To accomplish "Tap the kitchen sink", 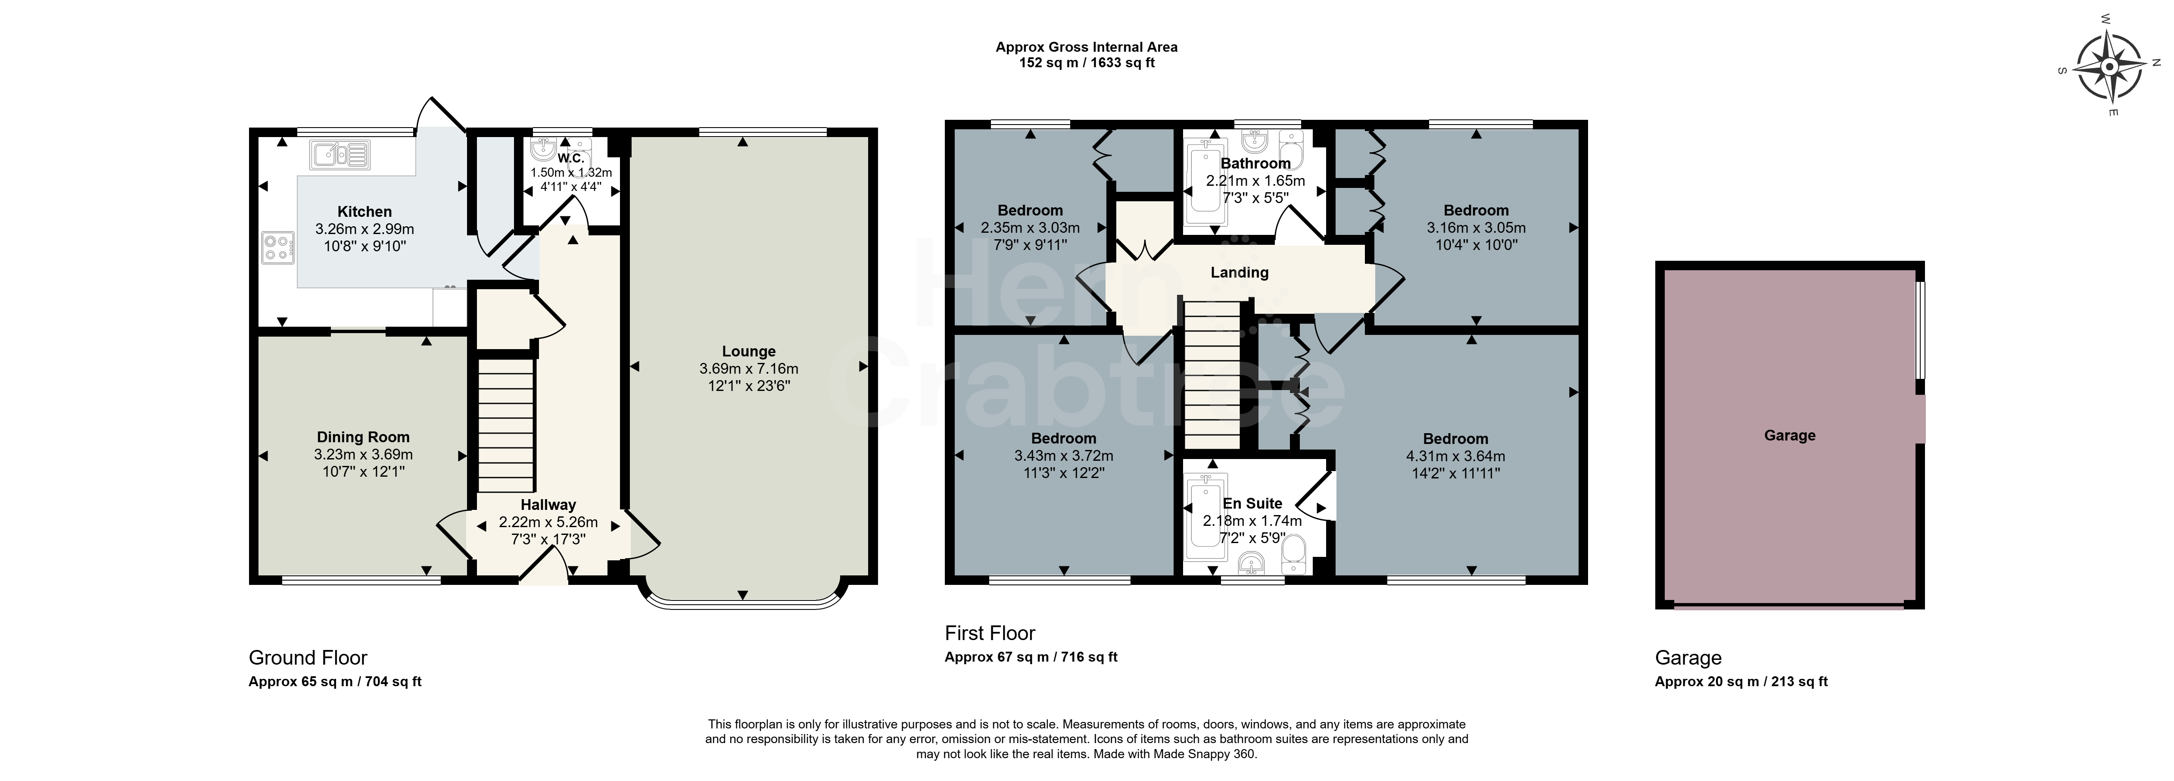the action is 341,154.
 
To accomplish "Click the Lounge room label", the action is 749,351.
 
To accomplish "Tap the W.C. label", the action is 570,158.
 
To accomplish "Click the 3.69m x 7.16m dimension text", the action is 749,369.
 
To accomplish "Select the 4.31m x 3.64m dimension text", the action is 1456,456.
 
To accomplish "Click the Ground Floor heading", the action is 308,658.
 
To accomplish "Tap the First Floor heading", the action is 990,633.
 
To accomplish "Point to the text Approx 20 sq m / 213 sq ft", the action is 1741,681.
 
